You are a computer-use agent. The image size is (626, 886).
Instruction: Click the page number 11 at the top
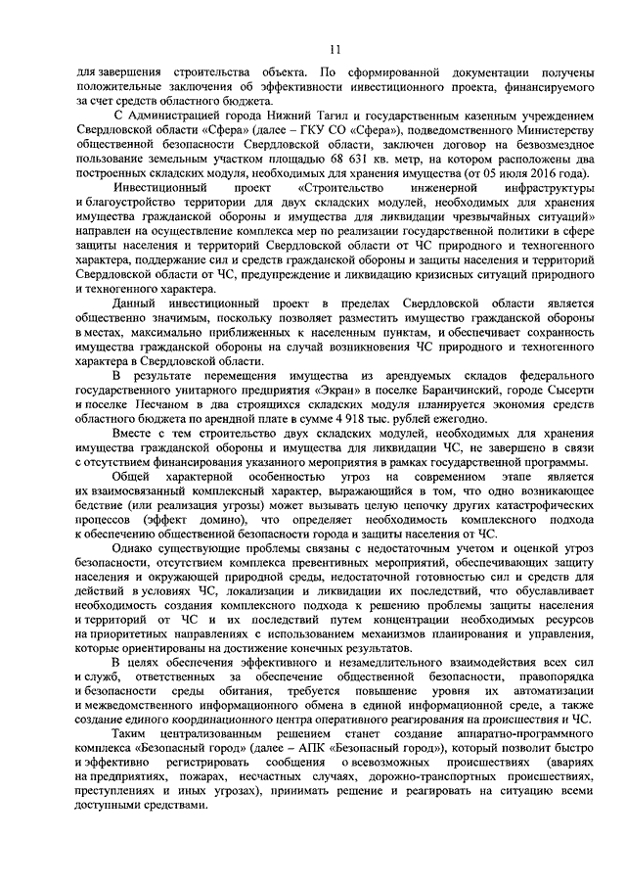coord(335,50)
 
